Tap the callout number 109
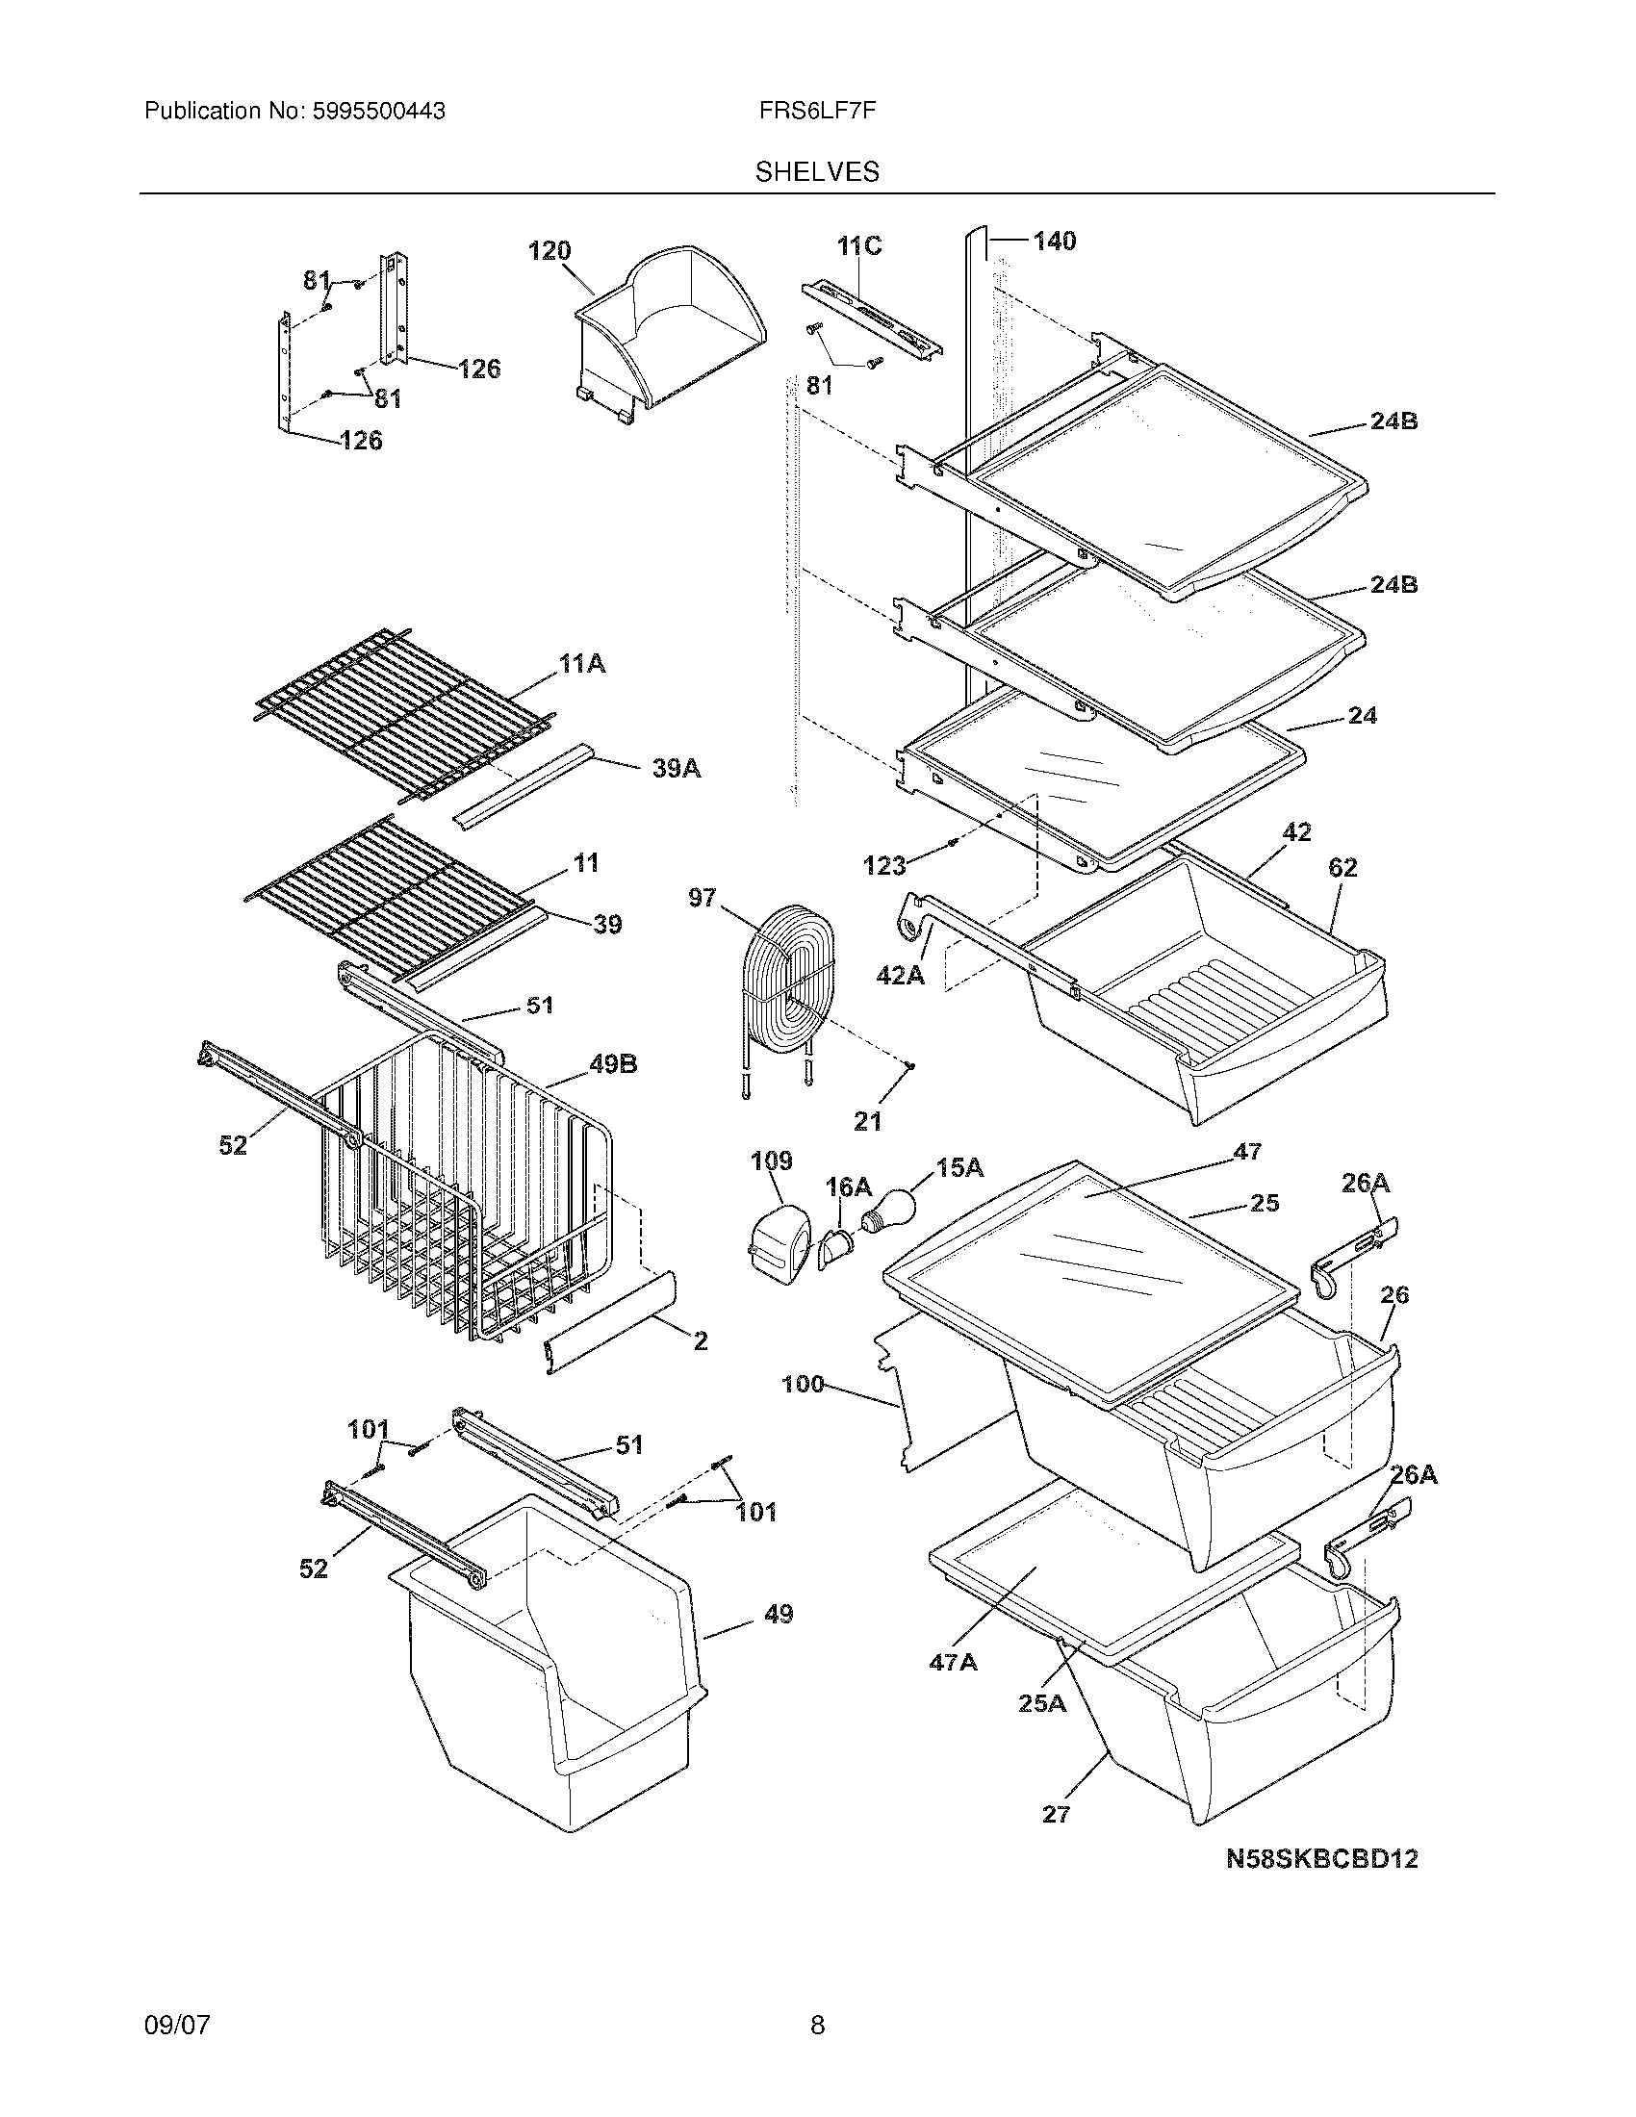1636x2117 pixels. [772, 1161]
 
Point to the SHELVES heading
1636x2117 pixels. [817, 171]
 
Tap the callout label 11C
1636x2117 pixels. [859, 246]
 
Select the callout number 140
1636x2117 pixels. [1054, 241]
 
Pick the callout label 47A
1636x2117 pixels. [952, 1663]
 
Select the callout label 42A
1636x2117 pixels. [900, 975]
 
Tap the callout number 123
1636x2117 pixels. [883, 865]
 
